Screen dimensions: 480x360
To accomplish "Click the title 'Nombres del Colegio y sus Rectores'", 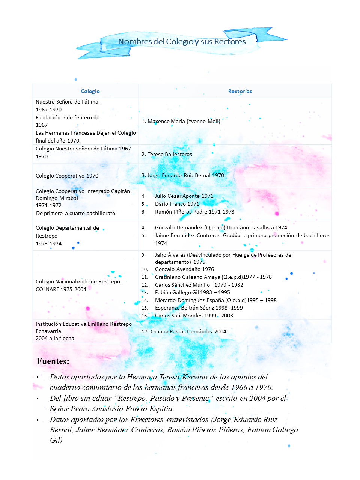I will pyautogui.click(x=182, y=42).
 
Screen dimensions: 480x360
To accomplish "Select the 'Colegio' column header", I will pyautogui.click(x=90, y=91).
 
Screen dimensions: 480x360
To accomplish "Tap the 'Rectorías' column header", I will pyautogui.click(x=240, y=91).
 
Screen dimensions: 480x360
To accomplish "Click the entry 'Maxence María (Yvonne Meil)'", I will pyautogui.click(x=184, y=121).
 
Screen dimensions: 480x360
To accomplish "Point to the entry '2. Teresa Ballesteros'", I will pyautogui.click(x=167, y=154).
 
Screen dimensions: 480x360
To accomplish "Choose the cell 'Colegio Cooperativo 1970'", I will pyautogui.click(x=67, y=176).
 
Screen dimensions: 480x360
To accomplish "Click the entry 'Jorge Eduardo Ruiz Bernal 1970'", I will pyautogui.click(x=185, y=175).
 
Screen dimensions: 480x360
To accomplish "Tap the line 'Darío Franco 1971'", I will pyautogui.click(x=177, y=204).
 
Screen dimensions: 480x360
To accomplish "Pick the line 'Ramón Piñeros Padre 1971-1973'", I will pyautogui.click(x=194, y=212).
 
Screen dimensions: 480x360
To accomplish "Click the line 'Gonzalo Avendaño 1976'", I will pyautogui.click(x=184, y=269).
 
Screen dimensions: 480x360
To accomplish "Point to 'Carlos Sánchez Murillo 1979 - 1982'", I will pyautogui.click(x=199, y=285).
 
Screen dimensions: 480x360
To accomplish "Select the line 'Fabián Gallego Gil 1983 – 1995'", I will pyautogui.click(x=192, y=292).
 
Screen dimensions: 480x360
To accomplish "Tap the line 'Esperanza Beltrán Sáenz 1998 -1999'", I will pyautogui.click(x=199, y=308).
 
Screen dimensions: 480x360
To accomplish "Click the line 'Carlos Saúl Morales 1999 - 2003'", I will pyautogui.click(x=194, y=316).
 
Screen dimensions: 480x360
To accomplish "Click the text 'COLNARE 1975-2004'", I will pyautogui.click(x=61, y=289).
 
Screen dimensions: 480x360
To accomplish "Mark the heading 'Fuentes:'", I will pyautogui.click(x=53, y=361).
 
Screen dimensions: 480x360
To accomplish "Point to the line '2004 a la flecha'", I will pyautogui.click(x=55, y=338).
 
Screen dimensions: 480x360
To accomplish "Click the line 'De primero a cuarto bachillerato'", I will pyautogui.click(x=75, y=213).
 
